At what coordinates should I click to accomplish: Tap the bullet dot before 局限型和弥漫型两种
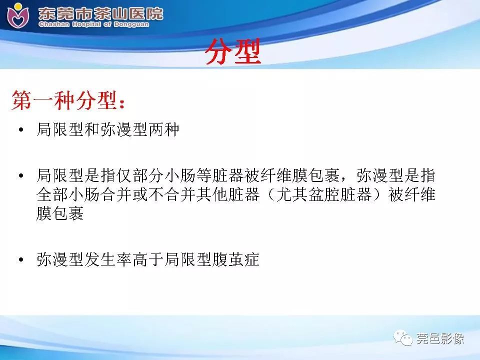[x=20, y=131]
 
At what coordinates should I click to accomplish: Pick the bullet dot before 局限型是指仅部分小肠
[x=20, y=176]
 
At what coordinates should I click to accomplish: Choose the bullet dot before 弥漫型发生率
[x=20, y=260]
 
